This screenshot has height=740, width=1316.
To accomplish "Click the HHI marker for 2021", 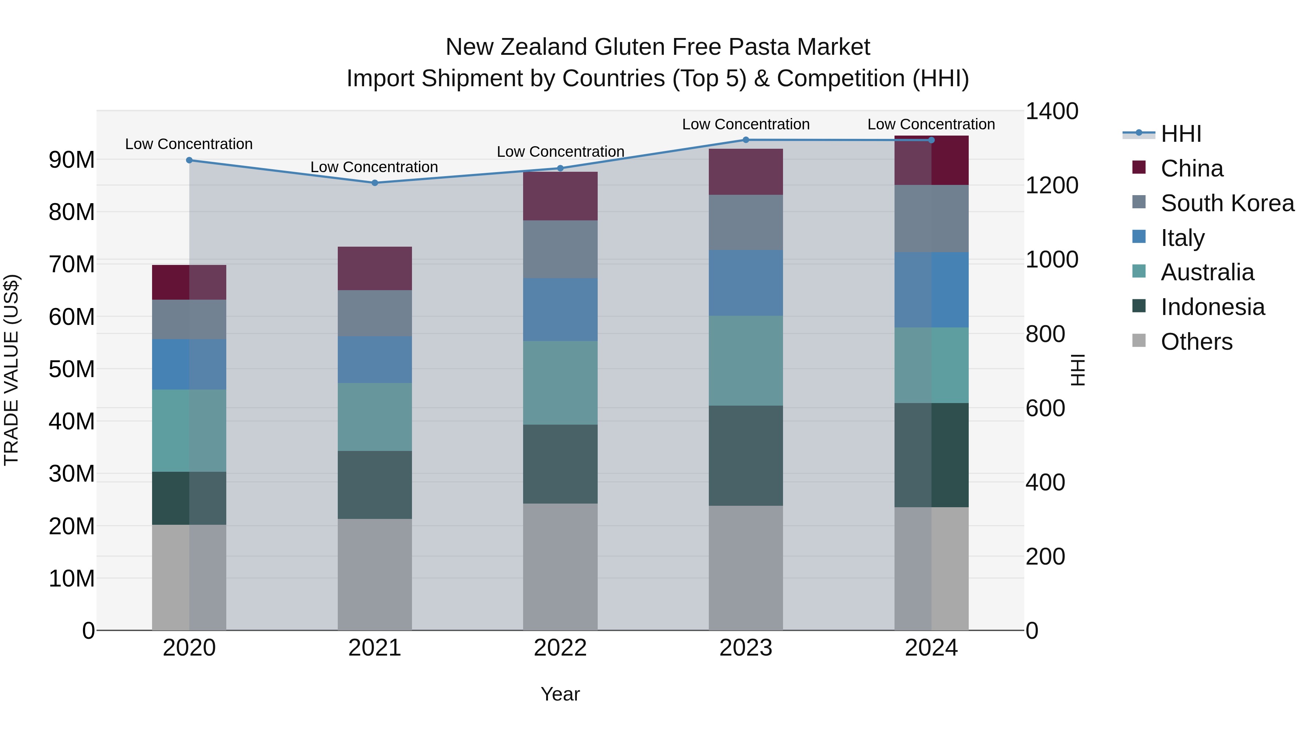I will pyautogui.click(x=374, y=183).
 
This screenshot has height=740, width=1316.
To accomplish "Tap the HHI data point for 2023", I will pyautogui.click(x=745, y=140).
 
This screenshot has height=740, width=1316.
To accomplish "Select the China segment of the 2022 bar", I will pyautogui.click(x=560, y=196).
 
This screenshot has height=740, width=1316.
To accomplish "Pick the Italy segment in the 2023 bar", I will pyautogui.click(x=745, y=283).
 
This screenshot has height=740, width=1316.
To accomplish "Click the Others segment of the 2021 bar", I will pyautogui.click(x=374, y=574).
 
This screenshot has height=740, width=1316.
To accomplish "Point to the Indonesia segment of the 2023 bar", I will pyautogui.click(x=745, y=456).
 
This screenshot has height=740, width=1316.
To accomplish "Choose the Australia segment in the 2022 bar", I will pyautogui.click(x=560, y=383).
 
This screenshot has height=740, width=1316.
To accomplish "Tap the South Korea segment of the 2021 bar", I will pyautogui.click(x=374, y=313).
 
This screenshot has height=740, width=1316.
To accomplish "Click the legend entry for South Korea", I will pyautogui.click(x=1227, y=203).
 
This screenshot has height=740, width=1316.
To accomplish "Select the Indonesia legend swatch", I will pyautogui.click(x=1139, y=307).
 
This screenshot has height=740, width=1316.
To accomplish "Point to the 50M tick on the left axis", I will pyautogui.click(x=72, y=369).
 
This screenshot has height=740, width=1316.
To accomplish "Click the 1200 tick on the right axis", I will pyautogui.click(x=1051, y=185).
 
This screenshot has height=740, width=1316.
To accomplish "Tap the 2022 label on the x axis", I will pyautogui.click(x=560, y=648).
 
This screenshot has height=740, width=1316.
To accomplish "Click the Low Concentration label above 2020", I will pyautogui.click(x=189, y=144).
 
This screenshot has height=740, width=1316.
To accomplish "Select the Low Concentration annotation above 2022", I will pyautogui.click(x=560, y=152).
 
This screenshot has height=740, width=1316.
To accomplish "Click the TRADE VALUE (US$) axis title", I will pyautogui.click(x=11, y=370).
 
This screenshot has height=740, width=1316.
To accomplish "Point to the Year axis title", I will pyautogui.click(x=560, y=694).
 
